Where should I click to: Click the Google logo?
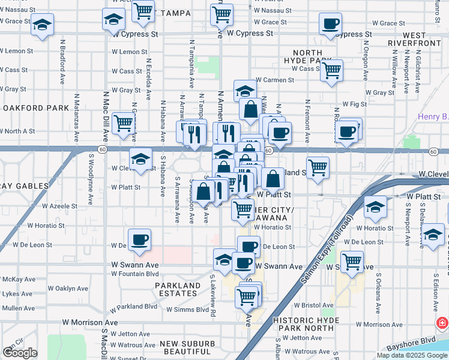pos(20,353)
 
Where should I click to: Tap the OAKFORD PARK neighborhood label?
pos(36,108)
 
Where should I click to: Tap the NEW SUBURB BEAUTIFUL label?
pos(185,347)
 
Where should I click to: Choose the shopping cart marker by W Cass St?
pos(331,71)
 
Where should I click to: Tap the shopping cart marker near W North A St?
pos(123,124)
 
